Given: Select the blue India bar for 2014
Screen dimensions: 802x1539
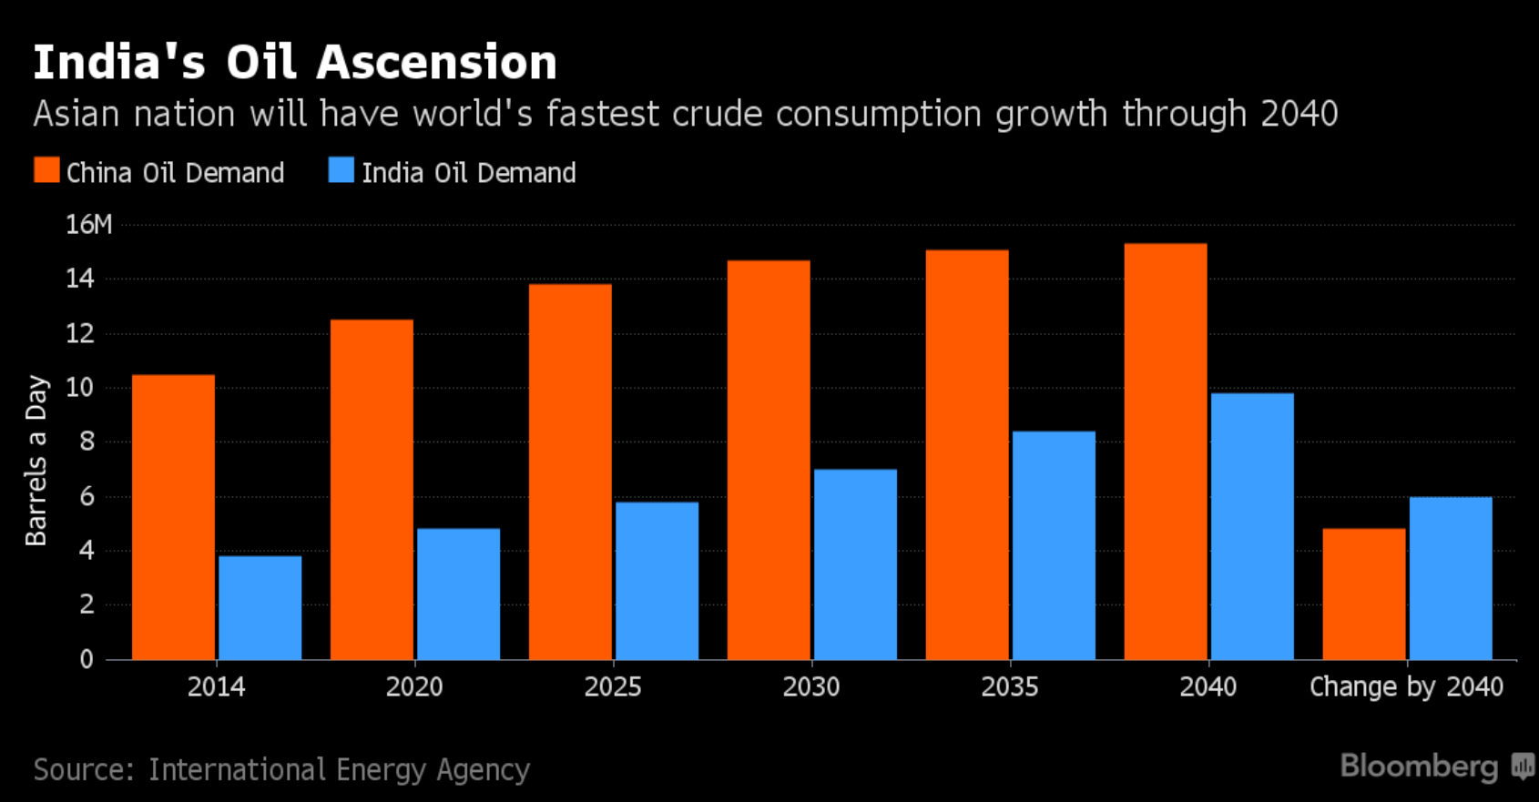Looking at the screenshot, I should [260, 608].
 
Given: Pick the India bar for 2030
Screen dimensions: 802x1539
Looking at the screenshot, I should [855, 564].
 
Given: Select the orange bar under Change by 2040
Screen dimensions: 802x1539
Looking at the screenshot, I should [1363, 594].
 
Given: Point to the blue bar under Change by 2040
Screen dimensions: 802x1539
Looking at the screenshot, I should [1451, 578].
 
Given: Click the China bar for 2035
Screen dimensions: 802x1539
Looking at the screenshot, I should [967, 455].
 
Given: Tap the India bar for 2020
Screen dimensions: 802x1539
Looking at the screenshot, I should [458, 594].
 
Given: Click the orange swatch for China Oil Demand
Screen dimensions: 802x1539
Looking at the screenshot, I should [46, 170].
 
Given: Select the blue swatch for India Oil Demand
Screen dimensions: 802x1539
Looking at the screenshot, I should [341, 170].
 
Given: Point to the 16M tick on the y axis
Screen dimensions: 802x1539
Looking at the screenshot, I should [88, 225].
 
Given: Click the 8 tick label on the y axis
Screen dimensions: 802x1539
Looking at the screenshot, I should [87, 442].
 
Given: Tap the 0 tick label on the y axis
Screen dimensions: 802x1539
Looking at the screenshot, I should [87, 659].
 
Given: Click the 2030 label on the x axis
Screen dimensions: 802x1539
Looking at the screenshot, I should [810, 686].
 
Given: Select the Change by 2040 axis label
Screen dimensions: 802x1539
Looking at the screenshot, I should [1406, 686].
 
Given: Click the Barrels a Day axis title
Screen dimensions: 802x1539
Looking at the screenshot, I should [36, 460].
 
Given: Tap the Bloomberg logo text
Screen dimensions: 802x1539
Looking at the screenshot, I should [1419, 766].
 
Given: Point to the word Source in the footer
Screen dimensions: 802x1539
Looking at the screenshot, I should [82, 770].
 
